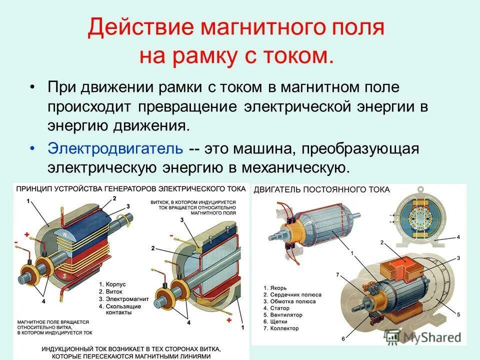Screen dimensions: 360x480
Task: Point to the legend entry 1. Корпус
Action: tap(112, 284)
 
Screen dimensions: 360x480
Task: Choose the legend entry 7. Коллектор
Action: tap(281, 328)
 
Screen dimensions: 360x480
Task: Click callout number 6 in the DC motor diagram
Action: tap(343, 338)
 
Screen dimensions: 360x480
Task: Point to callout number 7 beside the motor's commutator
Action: tap(337, 275)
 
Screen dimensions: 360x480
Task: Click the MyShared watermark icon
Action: tap(394, 336)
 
